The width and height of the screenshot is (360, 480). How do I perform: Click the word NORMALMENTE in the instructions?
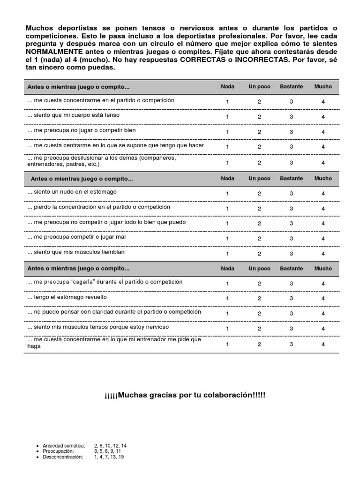pos(54,52)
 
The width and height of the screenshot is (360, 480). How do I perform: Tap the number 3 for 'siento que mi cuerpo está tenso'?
pos(291,117)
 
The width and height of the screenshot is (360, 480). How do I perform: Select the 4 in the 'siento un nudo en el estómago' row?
pos(323,193)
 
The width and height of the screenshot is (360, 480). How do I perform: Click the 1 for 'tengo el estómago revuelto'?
pos(227,299)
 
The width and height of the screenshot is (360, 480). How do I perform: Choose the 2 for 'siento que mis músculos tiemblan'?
pos(259,254)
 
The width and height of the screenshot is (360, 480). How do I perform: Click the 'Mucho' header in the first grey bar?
pos(323,87)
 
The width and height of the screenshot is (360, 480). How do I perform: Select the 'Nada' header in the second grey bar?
pos(227,179)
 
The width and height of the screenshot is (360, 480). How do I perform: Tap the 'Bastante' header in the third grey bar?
pos(291,269)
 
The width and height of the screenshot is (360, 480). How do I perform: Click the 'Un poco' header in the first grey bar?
pos(259,87)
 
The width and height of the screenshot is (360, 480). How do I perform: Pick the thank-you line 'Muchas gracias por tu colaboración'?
pos(185,395)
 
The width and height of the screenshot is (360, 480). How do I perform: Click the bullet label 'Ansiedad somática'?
pos(64,445)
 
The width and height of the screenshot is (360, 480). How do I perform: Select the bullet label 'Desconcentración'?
pos(63,457)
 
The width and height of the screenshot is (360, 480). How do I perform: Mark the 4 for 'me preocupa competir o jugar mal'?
pos(323,239)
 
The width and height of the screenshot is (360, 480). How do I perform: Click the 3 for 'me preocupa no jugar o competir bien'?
pos(291,132)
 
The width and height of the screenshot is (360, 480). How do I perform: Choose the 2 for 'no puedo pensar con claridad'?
pos(259,314)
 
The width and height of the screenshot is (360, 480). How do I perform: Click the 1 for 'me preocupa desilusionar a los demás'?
pos(227,163)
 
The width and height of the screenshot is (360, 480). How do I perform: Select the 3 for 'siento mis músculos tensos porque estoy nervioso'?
pos(291,329)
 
